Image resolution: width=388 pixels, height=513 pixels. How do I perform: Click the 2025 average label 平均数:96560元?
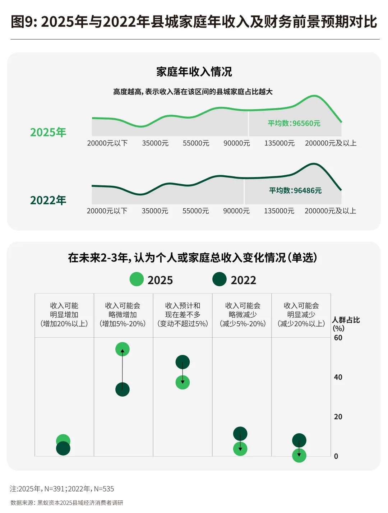coord(294,123)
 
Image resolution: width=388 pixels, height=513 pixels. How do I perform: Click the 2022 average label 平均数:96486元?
coord(295,190)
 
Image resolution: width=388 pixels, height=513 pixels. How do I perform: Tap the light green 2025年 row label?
coord(48,132)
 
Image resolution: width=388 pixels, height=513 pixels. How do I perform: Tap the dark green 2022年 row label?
coord(48,200)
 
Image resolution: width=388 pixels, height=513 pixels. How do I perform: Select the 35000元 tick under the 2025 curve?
coord(155,143)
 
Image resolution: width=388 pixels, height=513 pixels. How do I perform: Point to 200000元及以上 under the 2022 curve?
coord(330,211)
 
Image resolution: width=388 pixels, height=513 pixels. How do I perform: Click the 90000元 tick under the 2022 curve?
coord(236,211)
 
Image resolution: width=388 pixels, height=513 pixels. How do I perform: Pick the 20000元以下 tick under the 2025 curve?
coord(107,143)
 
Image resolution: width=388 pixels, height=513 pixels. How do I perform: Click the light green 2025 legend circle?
coord(137,279)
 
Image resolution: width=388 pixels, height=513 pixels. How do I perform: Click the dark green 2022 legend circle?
coord(220,279)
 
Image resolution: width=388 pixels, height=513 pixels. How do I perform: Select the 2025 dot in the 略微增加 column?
coord(123,349)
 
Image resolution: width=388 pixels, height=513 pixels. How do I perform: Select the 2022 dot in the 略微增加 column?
coord(123,389)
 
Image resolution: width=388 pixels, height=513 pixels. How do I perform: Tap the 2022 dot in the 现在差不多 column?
coord(183,362)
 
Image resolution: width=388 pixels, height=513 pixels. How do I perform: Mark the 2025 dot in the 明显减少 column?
coord(299,456)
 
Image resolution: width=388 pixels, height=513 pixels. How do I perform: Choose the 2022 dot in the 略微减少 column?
coord(240,434)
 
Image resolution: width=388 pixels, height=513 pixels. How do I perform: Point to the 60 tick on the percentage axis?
coord(338,338)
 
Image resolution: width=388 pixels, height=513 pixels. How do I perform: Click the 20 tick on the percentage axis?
coord(338,417)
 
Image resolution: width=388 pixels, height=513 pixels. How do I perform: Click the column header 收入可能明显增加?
coord(64,314)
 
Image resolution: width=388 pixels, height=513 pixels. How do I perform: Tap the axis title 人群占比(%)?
coord(345,324)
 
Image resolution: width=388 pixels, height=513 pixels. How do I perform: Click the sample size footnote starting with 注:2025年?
coord(62,489)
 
